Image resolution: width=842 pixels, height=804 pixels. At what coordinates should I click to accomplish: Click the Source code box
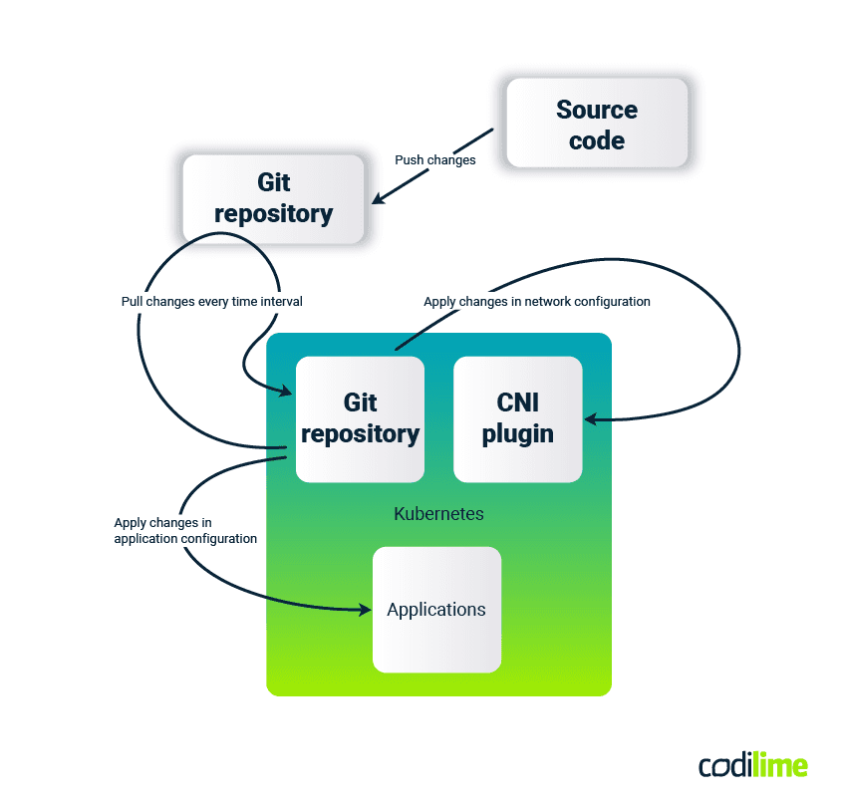point(597,124)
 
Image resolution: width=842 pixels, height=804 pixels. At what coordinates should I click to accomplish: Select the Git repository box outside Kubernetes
point(273,198)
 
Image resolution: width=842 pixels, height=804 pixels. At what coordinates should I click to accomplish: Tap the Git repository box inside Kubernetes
point(360,418)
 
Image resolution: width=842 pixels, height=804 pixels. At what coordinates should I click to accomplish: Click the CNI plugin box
point(517,418)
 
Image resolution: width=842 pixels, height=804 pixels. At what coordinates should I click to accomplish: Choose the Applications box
point(436,609)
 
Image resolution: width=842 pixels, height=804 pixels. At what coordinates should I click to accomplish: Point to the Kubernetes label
point(438,514)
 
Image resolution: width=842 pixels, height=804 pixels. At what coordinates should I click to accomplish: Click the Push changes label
point(434,159)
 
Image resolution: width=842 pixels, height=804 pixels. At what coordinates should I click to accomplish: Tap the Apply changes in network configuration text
point(536,301)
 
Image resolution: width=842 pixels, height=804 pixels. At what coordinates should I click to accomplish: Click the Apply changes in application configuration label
point(185,530)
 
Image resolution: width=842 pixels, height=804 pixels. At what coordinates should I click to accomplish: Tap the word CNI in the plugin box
point(517,402)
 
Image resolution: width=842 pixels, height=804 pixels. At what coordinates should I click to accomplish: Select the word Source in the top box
point(597,110)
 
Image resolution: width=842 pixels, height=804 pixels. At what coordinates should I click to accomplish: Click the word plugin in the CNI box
point(517,434)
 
